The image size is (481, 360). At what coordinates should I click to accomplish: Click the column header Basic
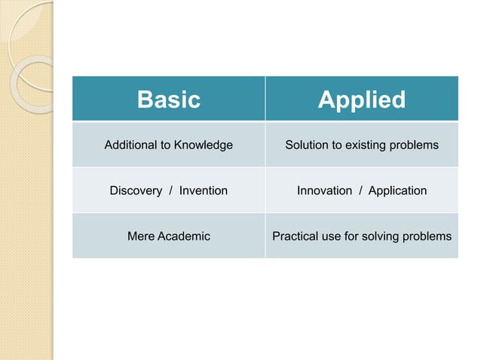(x=168, y=99)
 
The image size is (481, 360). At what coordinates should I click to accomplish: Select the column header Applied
(x=361, y=99)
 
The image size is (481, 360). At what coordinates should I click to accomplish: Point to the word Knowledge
(x=204, y=145)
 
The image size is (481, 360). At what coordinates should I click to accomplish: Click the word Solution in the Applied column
(x=307, y=145)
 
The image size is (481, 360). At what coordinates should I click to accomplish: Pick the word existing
(x=366, y=145)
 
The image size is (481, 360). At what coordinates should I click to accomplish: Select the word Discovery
(x=136, y=191)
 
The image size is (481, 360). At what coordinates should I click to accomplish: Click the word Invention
(x=204, y=191)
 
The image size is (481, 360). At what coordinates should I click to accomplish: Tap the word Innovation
(x=324, y=191)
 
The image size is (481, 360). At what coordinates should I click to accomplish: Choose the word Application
(x=397, y=191)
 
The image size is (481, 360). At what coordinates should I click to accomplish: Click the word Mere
(x=139, y=236)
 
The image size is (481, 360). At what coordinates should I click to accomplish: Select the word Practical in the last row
(x=296, y=236)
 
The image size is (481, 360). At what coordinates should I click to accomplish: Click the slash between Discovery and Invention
(x=171, y=191)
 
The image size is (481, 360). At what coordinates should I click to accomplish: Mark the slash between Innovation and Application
(x=360, y=191)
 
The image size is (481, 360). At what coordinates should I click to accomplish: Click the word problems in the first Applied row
(x=414, y=145)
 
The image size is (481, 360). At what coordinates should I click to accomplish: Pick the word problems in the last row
(x=427, y=236)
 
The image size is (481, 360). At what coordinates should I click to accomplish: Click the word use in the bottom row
(x=332, y=236)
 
